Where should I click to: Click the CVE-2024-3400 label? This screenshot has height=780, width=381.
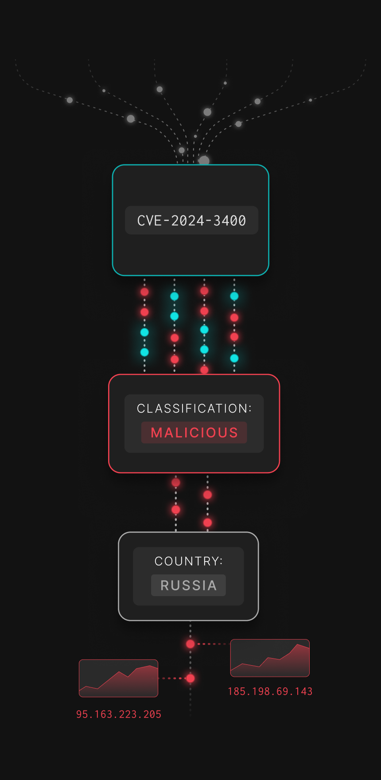[x=191, y=220]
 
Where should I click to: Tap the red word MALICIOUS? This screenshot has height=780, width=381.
[x=194, y=433]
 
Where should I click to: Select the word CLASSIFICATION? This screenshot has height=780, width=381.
[x=194, y=408]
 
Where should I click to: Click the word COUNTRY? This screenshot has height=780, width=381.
[x=188, y=561]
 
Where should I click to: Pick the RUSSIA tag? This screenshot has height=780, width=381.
[x=188, y=585]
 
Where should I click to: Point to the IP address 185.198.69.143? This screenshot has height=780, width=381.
[x=270, y=691]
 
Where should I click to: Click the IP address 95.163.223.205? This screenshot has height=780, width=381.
[x=119, y=714]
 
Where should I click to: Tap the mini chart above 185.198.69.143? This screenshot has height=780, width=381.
[x=270, y=658]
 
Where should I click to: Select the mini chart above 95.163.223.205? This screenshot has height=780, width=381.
[x=118, y=678]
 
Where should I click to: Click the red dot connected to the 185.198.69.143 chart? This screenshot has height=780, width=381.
[x=190, y=644]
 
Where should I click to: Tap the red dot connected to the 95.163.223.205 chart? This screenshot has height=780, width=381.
[x=190, y=678]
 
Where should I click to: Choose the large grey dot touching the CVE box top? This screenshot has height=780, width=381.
[x=204, y=160]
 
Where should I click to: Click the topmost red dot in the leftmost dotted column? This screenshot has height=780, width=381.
[x=144, y=292]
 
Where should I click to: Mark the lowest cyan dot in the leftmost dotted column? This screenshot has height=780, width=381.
[x=144, y=352]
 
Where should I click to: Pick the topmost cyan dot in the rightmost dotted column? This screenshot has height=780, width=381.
[x=234, y=296]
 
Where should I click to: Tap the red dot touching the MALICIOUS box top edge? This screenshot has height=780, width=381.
[x=204, y=370]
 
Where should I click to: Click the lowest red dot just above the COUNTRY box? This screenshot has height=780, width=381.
[x=207, y=523]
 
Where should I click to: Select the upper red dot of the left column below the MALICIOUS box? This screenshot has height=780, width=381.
[x=176, y=483]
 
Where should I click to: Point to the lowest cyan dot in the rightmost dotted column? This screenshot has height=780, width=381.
[x=234, y=358]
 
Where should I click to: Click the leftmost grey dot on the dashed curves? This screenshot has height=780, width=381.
[x=70, y=100]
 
